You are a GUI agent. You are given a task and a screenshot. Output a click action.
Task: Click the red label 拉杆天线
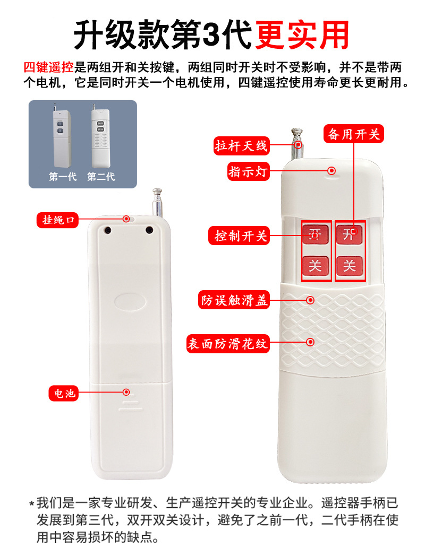pyautogui.click(x=242, y=146)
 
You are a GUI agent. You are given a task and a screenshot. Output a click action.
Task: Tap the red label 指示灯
pyautogui.click(x=248, y=171)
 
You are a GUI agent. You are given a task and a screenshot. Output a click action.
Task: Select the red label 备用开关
pyautogui.click(x=353, y=134)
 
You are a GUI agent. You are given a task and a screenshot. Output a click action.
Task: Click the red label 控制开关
pyautogui.click(x=239, y=236)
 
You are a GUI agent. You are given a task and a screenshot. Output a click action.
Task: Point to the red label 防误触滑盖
pyautogui.click(x=234, y=300)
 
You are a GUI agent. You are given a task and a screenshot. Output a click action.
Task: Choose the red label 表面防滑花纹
pyautogui.click(x=228, y=344)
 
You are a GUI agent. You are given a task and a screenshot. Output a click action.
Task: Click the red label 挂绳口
pyautogui.click(x=57, y=220)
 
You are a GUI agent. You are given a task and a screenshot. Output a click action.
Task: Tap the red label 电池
pyautogui.click(x=64, y=393)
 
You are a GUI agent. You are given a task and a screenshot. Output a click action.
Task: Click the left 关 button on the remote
pyautogui.click(x=315, y=266)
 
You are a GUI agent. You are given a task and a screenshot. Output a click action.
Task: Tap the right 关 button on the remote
pyautogui.click(x=349, y=266)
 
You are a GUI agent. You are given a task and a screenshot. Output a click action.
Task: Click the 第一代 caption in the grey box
pyautogui.click(x=63, y=177)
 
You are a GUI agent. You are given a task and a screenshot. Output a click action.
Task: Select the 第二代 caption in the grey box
pyautogui.click(x=101, y=177)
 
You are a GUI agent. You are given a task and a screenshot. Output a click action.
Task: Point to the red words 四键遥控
pyautogui.click(x=49, y=67)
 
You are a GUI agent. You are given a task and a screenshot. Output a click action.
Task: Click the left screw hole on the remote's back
pyautogui.click(x=107, y=230)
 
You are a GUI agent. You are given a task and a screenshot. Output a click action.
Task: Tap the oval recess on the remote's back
pyautogui.click(x=130, y=302)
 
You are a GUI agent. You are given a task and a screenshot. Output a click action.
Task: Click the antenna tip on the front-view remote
pyautogui.click(x=296, y=132)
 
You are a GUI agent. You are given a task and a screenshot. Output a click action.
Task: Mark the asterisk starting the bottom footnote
pyautogui.click(x=32, y=504)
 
